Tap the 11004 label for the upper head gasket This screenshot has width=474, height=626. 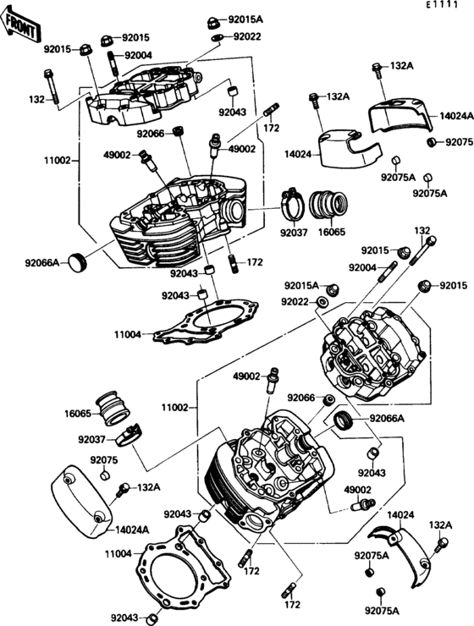pyautogui.click(x=129, y=335)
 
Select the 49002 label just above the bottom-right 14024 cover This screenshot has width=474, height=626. pyautogui.click(x=359, y=489)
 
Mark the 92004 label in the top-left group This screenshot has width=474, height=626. pyautogui.click(x=138, y=55)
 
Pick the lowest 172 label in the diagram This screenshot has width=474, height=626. pyautogui.click(x=292, y=605)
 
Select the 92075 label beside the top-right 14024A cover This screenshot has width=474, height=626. pyautogui.click(x=458, y=141)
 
